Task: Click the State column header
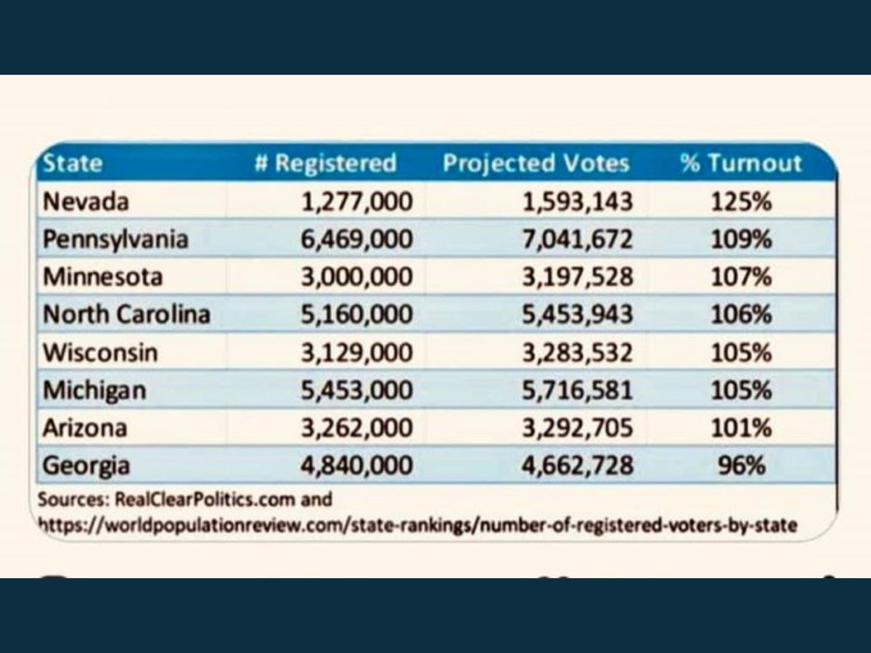(72, 163)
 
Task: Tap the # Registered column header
(325, 163)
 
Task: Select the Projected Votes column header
(536, 163)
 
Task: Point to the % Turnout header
(741, 163)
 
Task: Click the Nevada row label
(86, 202)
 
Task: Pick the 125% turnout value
(741, 202)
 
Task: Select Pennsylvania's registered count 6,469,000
(356, 240)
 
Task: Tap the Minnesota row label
(103, 276)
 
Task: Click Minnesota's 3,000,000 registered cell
(356, 277)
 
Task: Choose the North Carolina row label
(126, 314)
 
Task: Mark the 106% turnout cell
(741, 314)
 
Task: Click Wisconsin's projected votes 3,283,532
(577, 353)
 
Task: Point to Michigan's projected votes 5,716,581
(577, 390)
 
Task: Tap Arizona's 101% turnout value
(741, 428)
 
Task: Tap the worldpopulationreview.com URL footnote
(417, 526)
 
